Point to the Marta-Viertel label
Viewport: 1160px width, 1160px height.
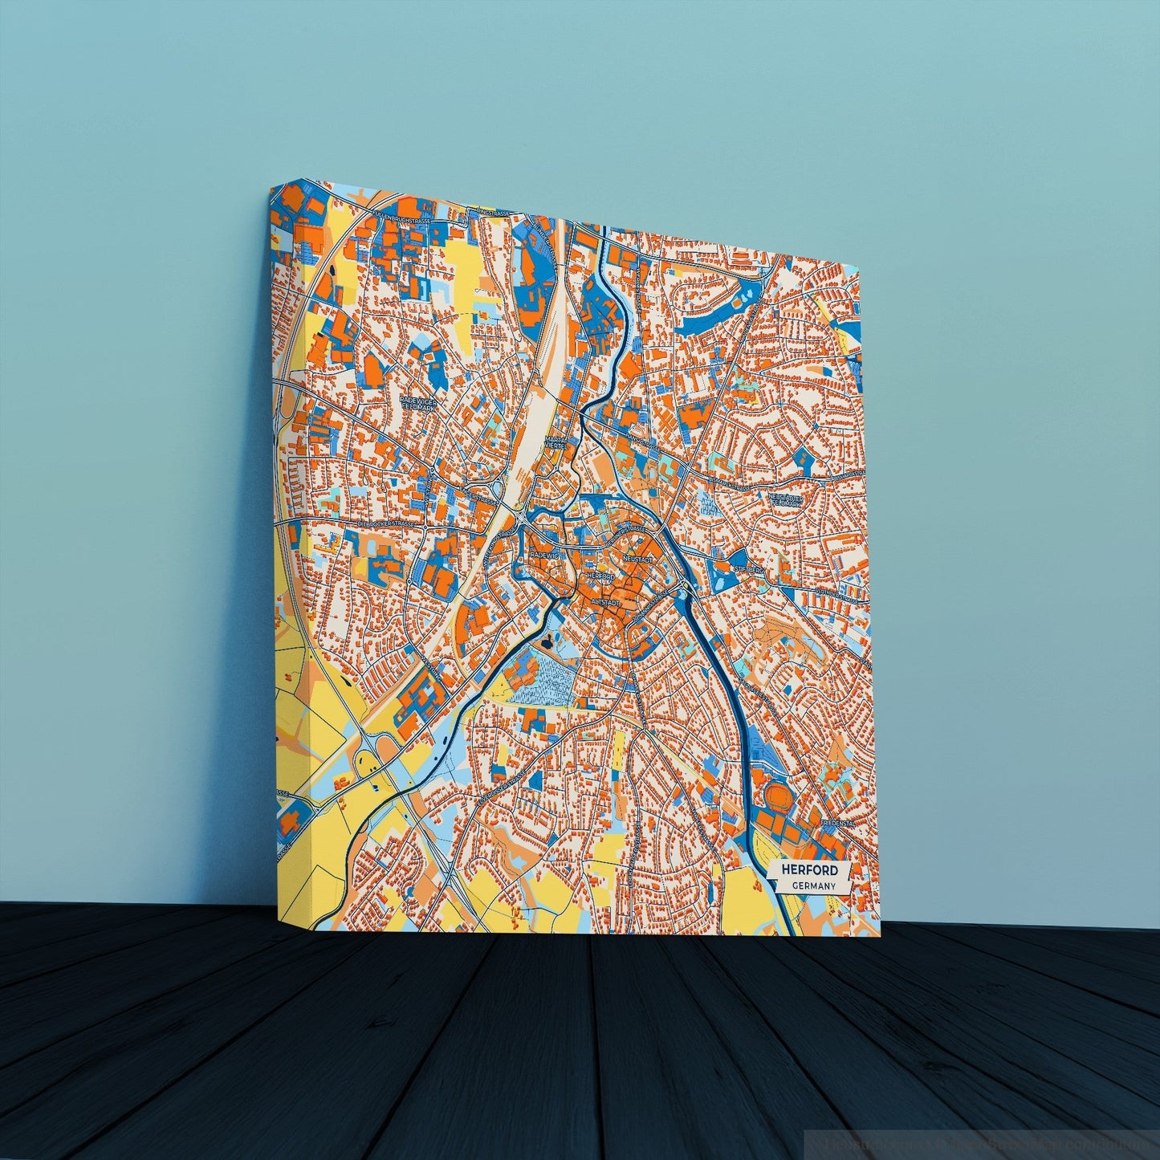[555, 443]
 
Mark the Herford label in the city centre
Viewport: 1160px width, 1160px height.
[601, 576]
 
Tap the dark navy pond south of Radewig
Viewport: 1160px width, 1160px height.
[549, 640]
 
